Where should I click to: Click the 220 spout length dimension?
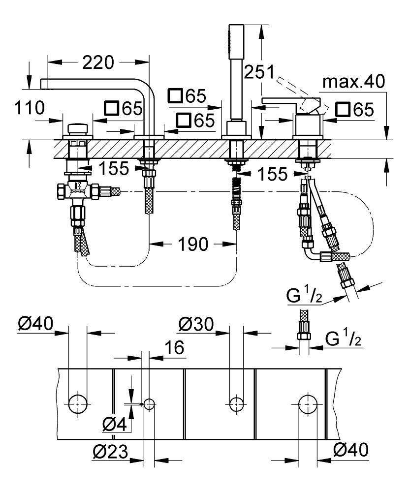[x=98, y=62]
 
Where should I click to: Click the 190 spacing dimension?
[x=193, y=243]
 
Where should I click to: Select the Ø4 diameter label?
[x=114, y=424]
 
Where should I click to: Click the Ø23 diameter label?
[x=109, y=451]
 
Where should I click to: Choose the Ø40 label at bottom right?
[x=350, y=450]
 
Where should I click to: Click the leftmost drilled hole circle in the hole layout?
[x=77, y=404]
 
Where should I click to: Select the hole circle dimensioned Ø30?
[x=236, y=404]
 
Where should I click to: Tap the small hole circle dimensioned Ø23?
[x=149, y=404]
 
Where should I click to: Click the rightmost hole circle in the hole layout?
[x=308, y=404]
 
